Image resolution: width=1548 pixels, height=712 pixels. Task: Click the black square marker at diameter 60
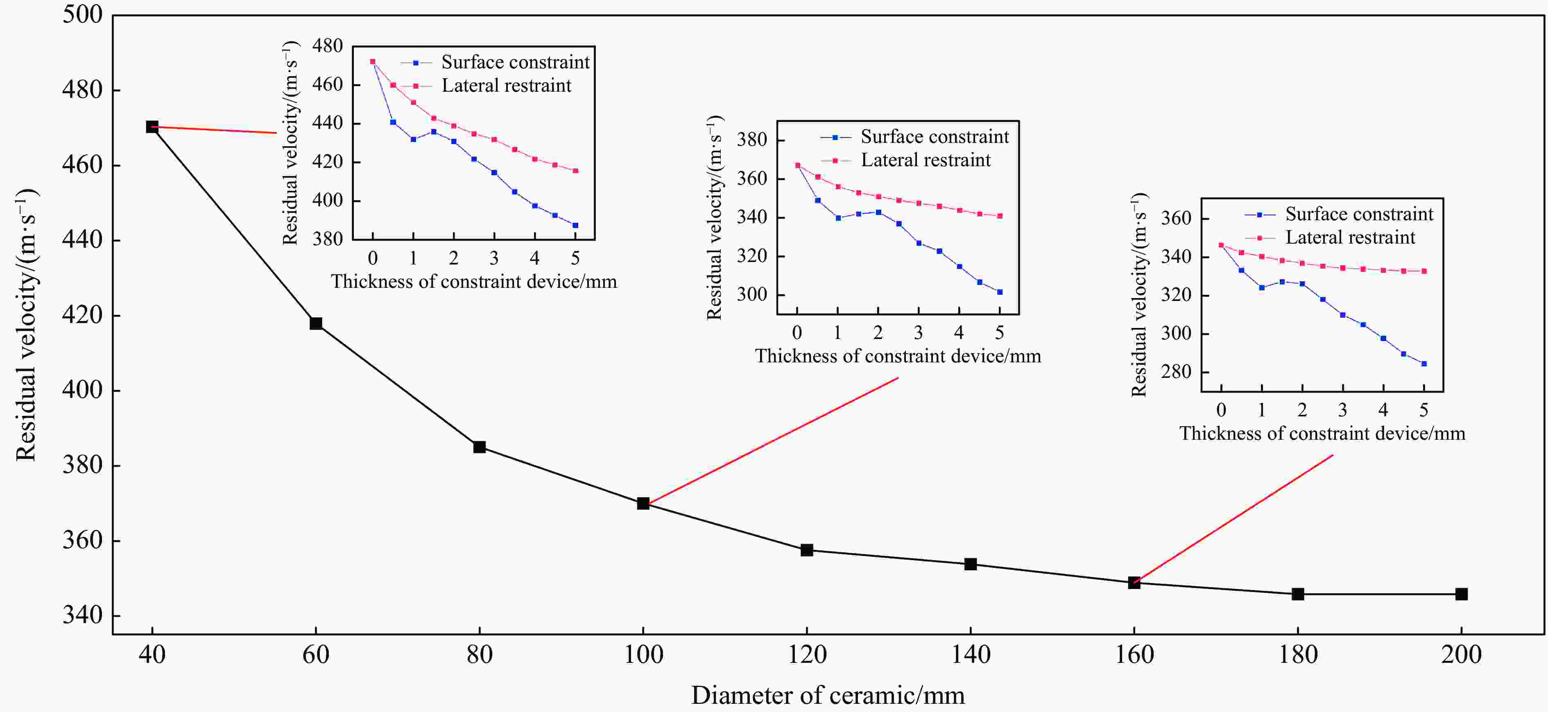315,323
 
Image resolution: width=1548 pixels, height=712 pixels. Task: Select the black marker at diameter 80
479,447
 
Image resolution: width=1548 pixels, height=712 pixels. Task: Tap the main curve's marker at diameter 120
806,550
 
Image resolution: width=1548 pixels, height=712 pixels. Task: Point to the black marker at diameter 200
1462,594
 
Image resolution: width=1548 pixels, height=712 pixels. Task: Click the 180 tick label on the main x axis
1298,654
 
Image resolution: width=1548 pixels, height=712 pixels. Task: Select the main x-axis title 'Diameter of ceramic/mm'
828,695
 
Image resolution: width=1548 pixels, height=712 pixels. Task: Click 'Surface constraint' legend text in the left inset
515,62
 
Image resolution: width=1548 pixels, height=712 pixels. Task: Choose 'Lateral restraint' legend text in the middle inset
926,160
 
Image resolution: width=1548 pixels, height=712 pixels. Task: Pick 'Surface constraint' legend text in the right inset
1359,214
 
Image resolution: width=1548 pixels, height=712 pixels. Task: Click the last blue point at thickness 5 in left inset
575,225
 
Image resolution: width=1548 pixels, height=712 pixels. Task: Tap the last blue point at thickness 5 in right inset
1424,364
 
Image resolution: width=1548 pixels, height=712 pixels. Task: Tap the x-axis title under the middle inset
898,356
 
